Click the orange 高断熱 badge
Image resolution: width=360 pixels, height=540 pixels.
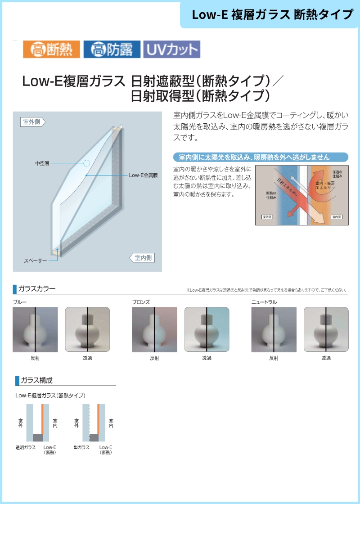[51, 49]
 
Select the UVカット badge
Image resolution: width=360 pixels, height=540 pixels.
[171, 49]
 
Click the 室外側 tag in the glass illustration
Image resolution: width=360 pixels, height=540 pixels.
[32, 121]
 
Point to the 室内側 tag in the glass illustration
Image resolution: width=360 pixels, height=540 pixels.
[143, 258]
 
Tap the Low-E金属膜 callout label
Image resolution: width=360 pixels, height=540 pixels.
[143, 175]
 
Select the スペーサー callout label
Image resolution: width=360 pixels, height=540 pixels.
[35, 261]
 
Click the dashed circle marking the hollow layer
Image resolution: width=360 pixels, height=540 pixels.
[86, 163]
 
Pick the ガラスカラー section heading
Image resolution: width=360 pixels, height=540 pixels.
[37, 288]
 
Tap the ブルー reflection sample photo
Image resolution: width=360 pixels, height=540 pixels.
[35, 329]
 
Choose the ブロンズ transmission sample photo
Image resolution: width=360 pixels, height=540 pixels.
[207, 329]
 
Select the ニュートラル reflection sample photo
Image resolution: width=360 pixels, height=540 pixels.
[274, 329]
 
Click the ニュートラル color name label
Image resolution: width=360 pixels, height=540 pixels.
[264, 302]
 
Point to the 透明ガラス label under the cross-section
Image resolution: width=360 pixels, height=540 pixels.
[26, 447]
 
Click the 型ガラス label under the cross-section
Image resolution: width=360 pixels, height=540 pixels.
[81, 447]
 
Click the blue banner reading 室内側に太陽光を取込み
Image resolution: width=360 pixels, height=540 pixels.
[261, 157]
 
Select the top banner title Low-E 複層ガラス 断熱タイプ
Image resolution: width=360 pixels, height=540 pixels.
[272, 14]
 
